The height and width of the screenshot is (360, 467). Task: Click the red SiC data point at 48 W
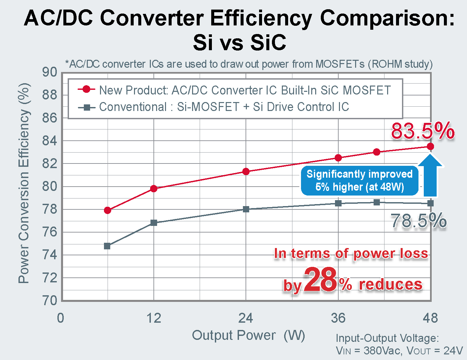pos(430,146)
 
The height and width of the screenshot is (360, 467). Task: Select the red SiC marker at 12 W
pos(153,189)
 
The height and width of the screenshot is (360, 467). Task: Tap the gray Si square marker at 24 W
pos(246,209)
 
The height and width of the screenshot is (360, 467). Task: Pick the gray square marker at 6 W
pos(107,246)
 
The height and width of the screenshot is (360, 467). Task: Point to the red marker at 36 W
pos(338,158)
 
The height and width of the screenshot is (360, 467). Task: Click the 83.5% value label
pos(423,131)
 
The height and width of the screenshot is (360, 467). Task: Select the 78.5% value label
pos(418,221)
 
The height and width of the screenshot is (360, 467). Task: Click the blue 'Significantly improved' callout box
pos(359,180)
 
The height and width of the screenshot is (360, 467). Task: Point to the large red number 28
pos(320,280)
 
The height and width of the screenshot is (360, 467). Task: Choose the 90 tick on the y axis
pos(50,72)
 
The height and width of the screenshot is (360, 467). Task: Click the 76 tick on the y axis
pos(50,232)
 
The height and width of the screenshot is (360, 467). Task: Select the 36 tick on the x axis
pos(338,318)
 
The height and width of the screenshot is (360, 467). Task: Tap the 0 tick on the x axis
pos(61,318)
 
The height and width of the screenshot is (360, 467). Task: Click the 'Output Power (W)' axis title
pos(249,335)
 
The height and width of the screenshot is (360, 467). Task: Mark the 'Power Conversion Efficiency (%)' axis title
pos(24,183)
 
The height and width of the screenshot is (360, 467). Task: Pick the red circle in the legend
pos(86,90)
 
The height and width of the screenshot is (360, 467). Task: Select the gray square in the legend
pos(86,107)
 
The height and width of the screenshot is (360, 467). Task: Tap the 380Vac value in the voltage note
pos(383,350)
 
